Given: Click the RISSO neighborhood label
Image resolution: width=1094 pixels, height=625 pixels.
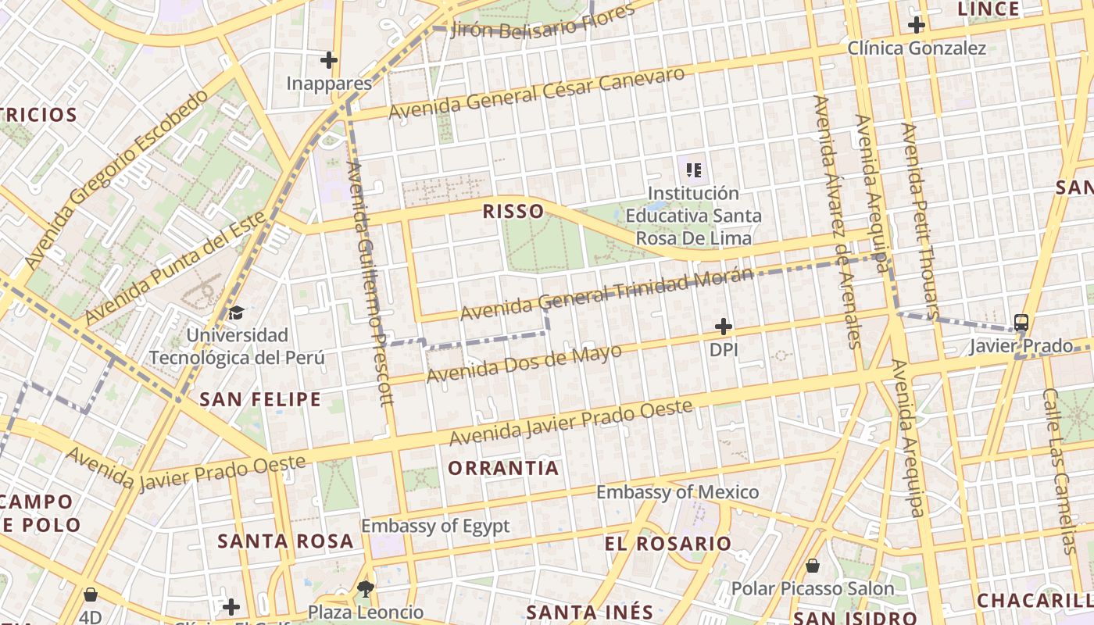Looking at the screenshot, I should click(x=513, y=211).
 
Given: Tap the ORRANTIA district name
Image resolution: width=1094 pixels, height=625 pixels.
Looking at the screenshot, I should click(x=504, y=468).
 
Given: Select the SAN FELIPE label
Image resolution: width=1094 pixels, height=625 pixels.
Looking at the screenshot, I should click(x=260, y=399).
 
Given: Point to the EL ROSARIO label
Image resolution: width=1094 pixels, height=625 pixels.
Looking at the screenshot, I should click(x=668, y=543).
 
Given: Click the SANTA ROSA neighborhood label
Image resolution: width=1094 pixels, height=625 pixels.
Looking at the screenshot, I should click(x=285, y=541).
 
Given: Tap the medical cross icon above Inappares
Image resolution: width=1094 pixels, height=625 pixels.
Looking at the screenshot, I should click(x=329, y=59).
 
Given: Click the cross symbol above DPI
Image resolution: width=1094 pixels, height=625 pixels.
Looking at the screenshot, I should click(x=724, y=326).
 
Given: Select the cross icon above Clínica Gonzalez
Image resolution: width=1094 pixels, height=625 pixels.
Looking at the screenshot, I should click(x=917, y=25).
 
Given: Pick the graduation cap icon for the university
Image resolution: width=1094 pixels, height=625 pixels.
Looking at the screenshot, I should click(x=236, y=313).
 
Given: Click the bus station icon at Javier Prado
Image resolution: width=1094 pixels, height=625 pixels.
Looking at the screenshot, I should click(x=1021, y=322).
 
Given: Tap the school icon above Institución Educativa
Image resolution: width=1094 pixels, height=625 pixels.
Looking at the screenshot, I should click(x=693, y=169).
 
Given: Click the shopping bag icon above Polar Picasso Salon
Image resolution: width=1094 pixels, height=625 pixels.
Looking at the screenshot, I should click(x=813, y=565).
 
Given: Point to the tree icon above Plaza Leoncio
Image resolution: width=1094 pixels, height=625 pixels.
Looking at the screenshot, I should click(x=365, y=588).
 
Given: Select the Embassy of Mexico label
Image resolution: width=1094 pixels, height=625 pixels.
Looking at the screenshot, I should click(x=677, y=492).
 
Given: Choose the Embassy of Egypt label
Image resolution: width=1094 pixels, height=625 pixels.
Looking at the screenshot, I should click(x=435, y=526).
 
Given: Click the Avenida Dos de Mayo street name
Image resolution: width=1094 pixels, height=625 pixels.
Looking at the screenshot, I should click(x=524, y=363).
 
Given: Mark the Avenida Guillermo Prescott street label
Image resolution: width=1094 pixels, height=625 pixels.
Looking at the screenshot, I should click(x=367, y=282).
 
